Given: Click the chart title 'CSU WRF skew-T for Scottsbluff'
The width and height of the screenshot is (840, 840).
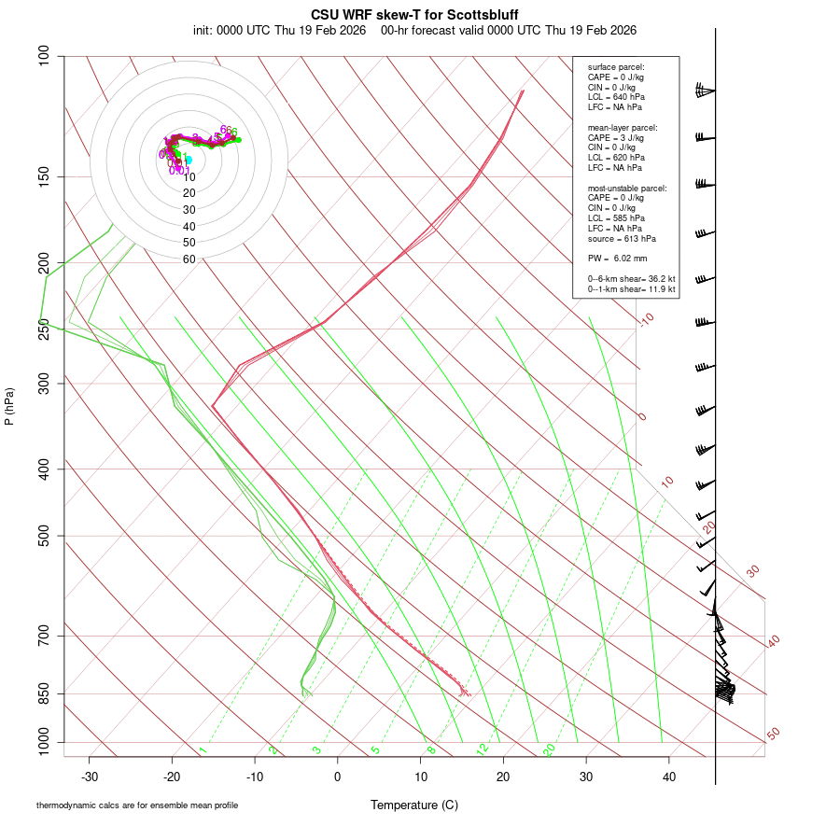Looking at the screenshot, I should [x=414, y=15].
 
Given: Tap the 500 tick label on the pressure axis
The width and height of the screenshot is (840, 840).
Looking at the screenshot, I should [x=44, y=536].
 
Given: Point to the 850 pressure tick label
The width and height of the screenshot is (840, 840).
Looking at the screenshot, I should [x=44, y=693].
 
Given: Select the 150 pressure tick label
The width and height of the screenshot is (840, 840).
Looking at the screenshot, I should [x=44, y=176].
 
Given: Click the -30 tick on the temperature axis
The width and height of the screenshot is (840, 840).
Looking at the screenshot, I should [x=90, y=777].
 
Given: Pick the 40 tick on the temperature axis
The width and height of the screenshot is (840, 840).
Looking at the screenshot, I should [x=669, y=777].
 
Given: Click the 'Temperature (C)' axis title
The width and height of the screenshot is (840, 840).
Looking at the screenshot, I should [x=413, y=805].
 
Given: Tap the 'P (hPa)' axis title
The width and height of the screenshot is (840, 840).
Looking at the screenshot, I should [x=9, y=407].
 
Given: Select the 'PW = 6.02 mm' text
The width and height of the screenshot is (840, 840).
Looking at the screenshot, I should [x=617, y=259].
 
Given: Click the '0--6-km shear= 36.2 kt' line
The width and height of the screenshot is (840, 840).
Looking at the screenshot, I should [x=631, y=279].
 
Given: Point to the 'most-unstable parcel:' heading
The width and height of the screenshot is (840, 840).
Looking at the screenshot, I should [x=627, y=189].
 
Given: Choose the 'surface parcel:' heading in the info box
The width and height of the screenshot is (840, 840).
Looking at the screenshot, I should [x=616, y=67].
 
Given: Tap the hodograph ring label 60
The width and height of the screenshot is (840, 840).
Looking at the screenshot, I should [x=189, y=259].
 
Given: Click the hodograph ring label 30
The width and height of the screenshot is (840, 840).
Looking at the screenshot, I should [x=189, y=210].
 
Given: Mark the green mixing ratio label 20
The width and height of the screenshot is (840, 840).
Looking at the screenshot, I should [x=550, y=749].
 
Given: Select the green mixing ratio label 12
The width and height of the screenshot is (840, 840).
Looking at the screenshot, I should [x=483, y=749].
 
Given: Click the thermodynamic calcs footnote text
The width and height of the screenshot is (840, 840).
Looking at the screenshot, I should [x=137, y=805].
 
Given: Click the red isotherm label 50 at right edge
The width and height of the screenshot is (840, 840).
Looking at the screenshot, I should [x=773, y=735].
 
